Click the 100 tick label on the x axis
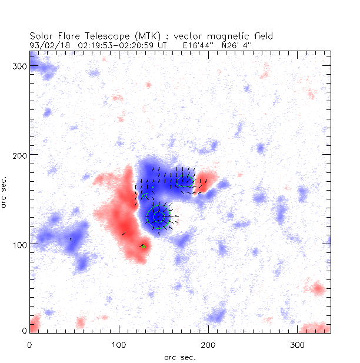pos(119,343)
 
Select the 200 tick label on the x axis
pos(208,343)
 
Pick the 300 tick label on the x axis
pos(298,343)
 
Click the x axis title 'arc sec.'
pos(179,357)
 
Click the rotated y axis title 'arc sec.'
pos(5,194)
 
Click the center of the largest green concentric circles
pos(158,216)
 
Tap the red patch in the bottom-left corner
pos(34,324)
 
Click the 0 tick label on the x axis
pos(29,343)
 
